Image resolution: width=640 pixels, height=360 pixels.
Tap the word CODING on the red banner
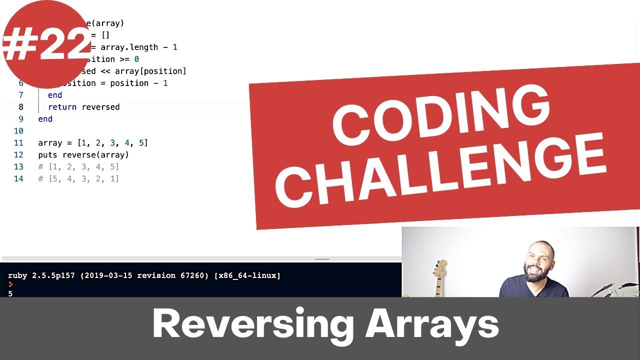pyautogui.click(x=440, y=116)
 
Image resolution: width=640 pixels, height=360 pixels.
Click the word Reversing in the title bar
pyautogui.click(x=252, y=325)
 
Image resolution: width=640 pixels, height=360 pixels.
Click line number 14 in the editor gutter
pyautogui.click(x=18, y=179)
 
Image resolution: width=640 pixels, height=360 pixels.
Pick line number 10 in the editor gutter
pyautogui.click(x=18, y=131)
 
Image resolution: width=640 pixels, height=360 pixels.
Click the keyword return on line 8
pyautogui.click(x=62, y=107)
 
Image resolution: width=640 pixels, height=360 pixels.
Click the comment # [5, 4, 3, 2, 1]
pyautogui.click(x=78, y=179)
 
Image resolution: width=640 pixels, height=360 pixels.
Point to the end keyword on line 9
pyautogui.click(x=45, y=119)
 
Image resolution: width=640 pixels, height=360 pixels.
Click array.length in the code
pyautogui.click(x=129, y=47)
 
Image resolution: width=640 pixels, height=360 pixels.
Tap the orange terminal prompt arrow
pyautogui.click(x=10, y=284)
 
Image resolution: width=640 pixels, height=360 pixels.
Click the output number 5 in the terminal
pyautogui.click(x=10, y=293)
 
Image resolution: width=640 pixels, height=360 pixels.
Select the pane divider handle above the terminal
pyautogui.click(x=322, y=259)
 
